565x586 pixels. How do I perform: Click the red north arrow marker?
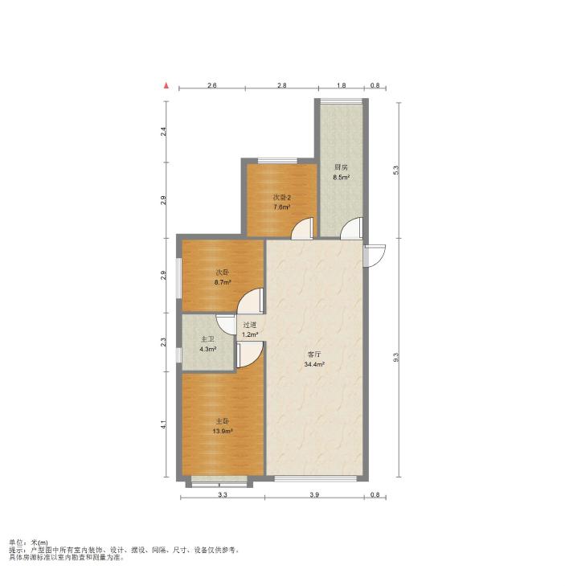pos(166,85)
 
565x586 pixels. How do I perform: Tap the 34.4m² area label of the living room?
pos(314,364)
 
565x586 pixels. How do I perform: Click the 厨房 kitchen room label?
pos(341,167)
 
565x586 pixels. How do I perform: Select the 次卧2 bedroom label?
pos(282,197)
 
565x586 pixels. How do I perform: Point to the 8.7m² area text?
pos(223,282)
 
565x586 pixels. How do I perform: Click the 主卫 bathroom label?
pos(208,339)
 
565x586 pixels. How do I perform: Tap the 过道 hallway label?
pos(250,325)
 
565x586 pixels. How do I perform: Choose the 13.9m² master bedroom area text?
pos(223,432)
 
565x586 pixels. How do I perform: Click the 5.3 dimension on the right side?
pos(396,170)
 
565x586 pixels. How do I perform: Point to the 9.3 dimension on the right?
pos(396,357)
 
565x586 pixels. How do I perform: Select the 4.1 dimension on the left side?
pos(163,424)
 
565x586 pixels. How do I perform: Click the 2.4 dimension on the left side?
pos(163,132)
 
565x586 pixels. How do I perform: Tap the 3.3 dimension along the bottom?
pos(223,495)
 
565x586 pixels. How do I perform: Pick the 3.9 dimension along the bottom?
pos(314,495)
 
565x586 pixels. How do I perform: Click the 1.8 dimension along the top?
pos(341,85)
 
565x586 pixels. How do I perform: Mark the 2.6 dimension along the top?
pos(212,85)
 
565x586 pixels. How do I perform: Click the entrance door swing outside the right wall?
pos(375,256)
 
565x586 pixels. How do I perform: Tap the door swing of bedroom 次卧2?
pos(302,227)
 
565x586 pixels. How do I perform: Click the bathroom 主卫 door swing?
pos(226,325)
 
